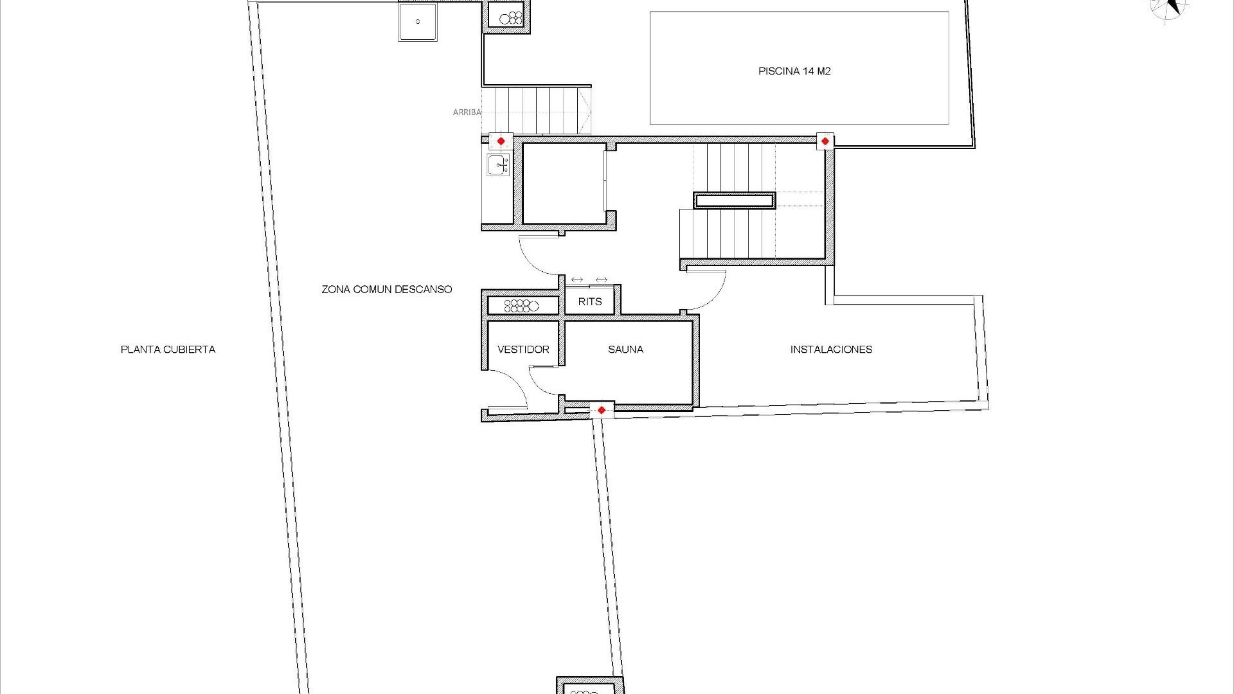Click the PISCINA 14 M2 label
(794, 71)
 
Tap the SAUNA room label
(625, 350)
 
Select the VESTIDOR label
(523, 350)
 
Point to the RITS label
(589, 301)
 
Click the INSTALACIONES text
(831, 350)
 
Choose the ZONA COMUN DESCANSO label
(386, 289)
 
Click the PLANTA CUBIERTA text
(168, 350)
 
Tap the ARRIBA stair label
(467, 112)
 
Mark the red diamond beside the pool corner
(825, 141)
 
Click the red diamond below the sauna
(602, 410)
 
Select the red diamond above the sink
(501, 141)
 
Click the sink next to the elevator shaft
(498, 165)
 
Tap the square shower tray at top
(417, 22)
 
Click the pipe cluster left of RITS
(521, 305)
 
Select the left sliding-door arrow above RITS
(577, 280)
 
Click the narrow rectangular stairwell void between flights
(734, 200)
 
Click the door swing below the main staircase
(710, 289)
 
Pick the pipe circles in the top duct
(511, 17)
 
